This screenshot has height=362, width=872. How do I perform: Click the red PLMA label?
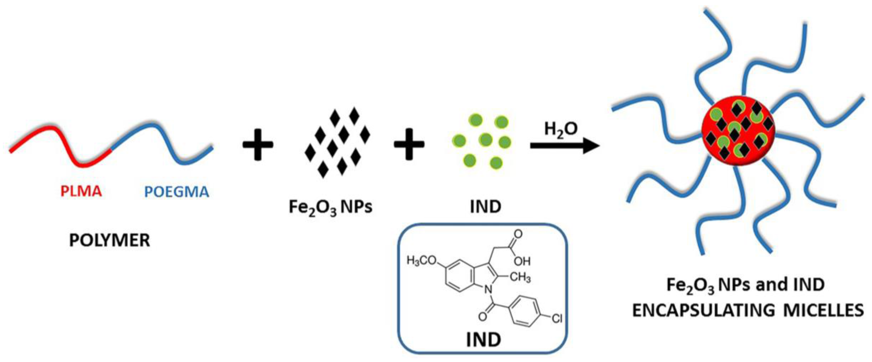(x=81, y=192)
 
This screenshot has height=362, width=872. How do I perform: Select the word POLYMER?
(x=109, y=241)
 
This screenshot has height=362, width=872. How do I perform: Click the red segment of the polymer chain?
(x=61, y=142)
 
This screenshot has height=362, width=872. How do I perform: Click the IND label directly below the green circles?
(x=485, y=207)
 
